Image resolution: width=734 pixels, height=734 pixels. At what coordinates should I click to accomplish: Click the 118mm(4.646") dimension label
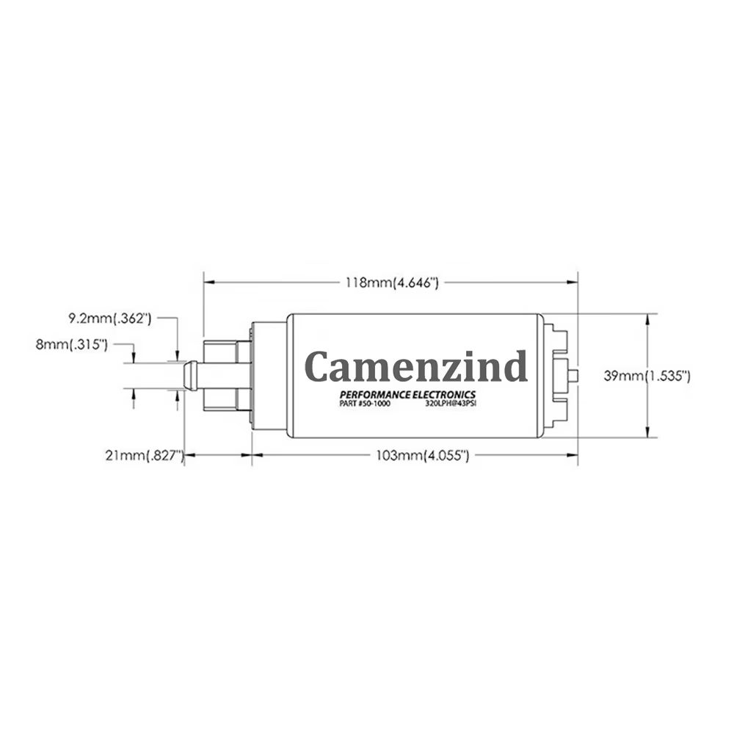point(392,283)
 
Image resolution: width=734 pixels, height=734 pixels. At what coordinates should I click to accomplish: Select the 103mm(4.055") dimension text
point(422,455)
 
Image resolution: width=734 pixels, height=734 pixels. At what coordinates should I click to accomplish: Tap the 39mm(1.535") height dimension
point(647,376)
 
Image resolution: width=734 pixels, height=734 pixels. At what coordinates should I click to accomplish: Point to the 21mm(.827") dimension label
point(145,455)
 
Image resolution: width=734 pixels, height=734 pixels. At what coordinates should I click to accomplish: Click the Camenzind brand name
point(416,366)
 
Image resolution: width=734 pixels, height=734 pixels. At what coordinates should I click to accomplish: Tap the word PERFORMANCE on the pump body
point(375,395)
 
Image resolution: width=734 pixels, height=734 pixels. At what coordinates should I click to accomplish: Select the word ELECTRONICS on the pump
point(444,395)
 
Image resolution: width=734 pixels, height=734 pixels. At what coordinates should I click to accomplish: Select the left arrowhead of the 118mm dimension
point(209,283)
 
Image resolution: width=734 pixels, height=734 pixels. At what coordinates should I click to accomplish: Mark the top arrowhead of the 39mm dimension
point(647,320)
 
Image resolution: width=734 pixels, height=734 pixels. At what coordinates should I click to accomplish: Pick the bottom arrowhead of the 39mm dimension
point(647,432)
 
